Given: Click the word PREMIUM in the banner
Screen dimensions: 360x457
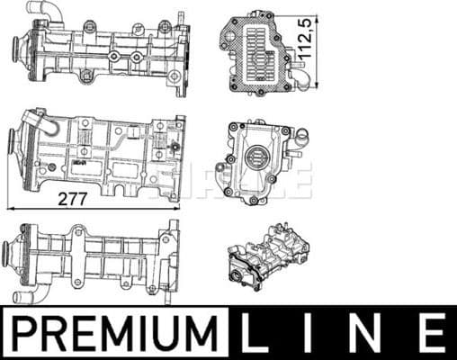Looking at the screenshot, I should click(x=116, y=332).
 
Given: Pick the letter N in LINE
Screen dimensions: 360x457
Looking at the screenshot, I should click(x=370, y=332).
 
